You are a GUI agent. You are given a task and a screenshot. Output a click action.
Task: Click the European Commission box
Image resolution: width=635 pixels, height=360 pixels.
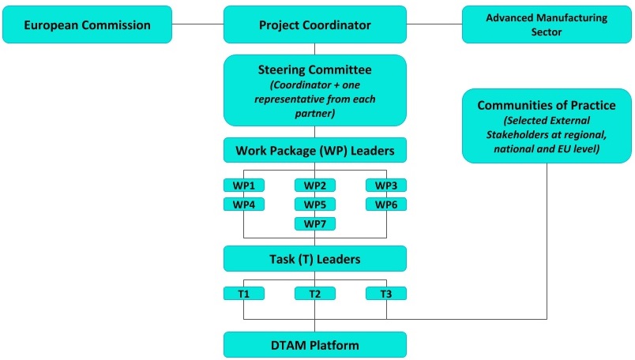click(87, 25)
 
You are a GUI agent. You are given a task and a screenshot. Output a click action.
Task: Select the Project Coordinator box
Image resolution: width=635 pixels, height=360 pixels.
click(314, 25)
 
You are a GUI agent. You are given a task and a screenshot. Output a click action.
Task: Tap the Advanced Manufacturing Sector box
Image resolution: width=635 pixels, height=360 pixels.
click(547, 25)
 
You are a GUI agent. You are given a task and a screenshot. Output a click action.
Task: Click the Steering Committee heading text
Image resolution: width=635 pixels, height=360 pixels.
click(314, 69)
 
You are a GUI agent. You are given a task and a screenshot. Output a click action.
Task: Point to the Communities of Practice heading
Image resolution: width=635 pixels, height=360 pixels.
click(547, 105)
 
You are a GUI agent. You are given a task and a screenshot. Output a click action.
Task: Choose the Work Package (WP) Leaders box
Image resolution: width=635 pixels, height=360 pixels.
click(314, 148)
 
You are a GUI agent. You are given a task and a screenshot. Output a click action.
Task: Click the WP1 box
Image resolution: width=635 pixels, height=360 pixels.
click(243, 186)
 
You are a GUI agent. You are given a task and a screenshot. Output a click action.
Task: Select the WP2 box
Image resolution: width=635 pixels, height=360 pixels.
click(314, 186)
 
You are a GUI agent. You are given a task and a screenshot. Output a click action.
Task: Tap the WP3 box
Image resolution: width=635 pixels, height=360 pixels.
click(385, 186)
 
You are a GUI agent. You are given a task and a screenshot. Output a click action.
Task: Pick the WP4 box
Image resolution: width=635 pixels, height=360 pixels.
click(243, 204)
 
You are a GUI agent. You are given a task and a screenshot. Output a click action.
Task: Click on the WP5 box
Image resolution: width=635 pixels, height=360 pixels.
click(314, 204)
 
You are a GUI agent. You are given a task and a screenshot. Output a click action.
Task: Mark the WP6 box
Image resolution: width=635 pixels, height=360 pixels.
click(385, 204)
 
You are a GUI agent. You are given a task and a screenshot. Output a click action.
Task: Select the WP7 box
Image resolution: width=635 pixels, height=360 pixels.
click(314, 223)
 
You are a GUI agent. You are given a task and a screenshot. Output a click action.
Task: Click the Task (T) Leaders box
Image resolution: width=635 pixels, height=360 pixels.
click(314, 258)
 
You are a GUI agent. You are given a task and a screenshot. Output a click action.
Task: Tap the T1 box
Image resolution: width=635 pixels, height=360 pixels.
click(243, 294)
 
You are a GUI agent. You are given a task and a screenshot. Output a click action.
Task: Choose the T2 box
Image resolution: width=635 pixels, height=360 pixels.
click(314, 294)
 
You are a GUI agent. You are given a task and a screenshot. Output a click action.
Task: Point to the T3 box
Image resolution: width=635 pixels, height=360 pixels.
click(385, 294)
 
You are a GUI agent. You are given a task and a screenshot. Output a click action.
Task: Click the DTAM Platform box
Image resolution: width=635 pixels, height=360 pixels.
click(314, 345)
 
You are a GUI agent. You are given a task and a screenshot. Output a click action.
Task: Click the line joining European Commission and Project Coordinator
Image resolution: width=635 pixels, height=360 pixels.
click(197, 24)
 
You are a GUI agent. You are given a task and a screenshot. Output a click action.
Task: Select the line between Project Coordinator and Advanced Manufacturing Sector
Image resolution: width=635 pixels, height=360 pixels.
click(434, 24)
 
